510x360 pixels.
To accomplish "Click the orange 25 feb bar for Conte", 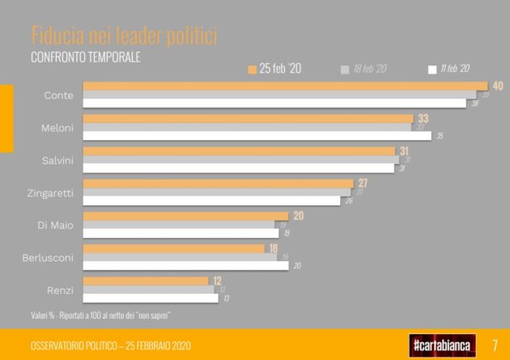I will tap(283, 86).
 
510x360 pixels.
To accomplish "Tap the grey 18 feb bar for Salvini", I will tap(240, 160).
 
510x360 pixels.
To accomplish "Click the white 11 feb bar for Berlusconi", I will tap(185, 265).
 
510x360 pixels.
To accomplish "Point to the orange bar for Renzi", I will tap(146, 281).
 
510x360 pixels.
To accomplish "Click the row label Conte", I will tap(58, 95).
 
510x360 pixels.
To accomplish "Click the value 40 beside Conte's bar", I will tap(498, 86).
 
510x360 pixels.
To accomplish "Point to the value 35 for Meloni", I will tap(440, 136).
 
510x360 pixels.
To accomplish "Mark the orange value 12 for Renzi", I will tap(217, 281).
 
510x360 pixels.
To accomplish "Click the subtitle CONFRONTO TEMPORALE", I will tap(85, 57).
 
